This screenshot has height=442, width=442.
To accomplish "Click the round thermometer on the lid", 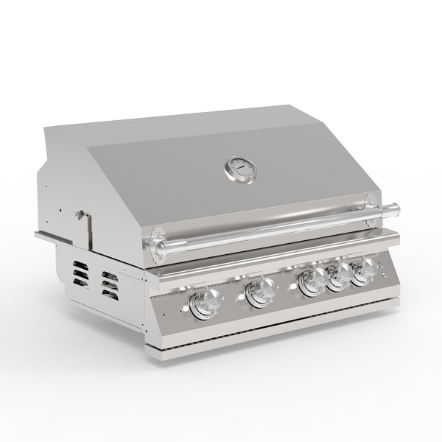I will pos(242,169).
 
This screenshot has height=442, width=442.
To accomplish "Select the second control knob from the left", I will pos(259,293).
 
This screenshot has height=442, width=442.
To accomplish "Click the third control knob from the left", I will pos(309,282).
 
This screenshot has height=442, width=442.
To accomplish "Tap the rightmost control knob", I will pos(362,272).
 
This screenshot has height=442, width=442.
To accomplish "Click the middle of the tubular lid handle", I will pos(273,228).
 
